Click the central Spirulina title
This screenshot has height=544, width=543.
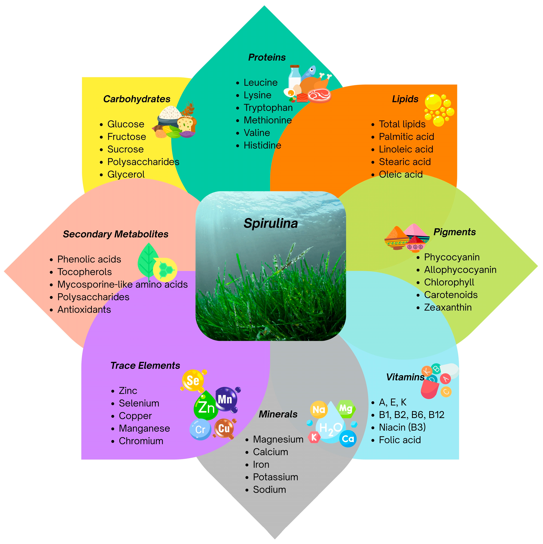click(271, 223)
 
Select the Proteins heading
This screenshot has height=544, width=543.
click(267, 57)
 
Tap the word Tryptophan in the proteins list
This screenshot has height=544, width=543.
click(268, 108)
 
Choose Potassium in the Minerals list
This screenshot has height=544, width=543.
click(275, 477)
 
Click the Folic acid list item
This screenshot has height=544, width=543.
click(399, 440)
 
